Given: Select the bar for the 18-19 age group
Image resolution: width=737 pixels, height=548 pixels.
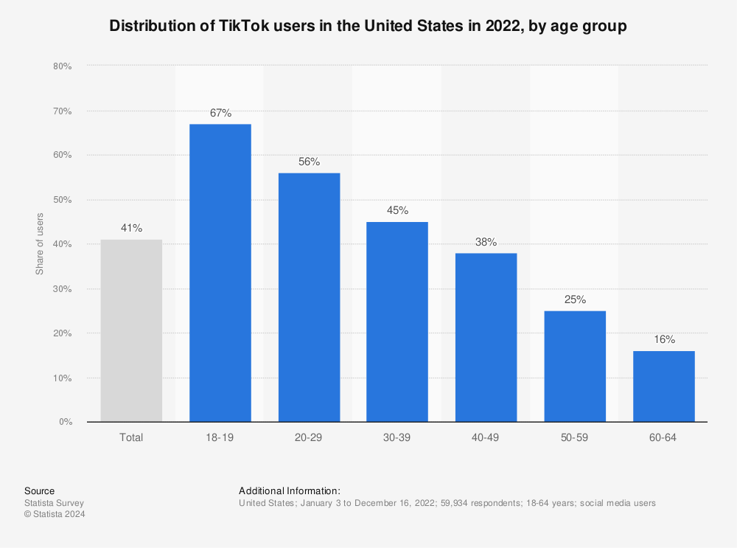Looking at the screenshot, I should (220, 273).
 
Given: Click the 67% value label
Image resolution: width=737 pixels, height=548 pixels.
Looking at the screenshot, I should (220, 113).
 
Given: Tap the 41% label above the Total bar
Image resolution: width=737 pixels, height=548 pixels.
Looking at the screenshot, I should (131, 228).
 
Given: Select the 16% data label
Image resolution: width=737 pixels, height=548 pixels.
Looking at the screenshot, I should (663, 339).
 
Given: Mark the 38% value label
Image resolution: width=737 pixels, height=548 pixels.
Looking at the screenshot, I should (486, 242).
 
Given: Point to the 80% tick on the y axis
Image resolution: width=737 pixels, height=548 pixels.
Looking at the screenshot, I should (62, 66).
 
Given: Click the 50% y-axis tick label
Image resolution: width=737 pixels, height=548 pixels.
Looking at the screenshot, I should (62, 200).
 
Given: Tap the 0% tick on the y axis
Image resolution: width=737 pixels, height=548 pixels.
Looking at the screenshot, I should (65, 422).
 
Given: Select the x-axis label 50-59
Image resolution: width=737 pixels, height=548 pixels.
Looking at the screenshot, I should (575, 437).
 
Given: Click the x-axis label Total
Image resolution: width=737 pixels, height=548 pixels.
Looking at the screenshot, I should (131, 437).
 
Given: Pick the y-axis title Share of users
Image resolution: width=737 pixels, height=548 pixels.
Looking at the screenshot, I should (40, 244).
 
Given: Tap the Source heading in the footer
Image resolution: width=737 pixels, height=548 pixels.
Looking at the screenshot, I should (39, 490).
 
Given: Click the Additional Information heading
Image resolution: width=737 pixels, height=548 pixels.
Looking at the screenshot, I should (289, 490).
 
